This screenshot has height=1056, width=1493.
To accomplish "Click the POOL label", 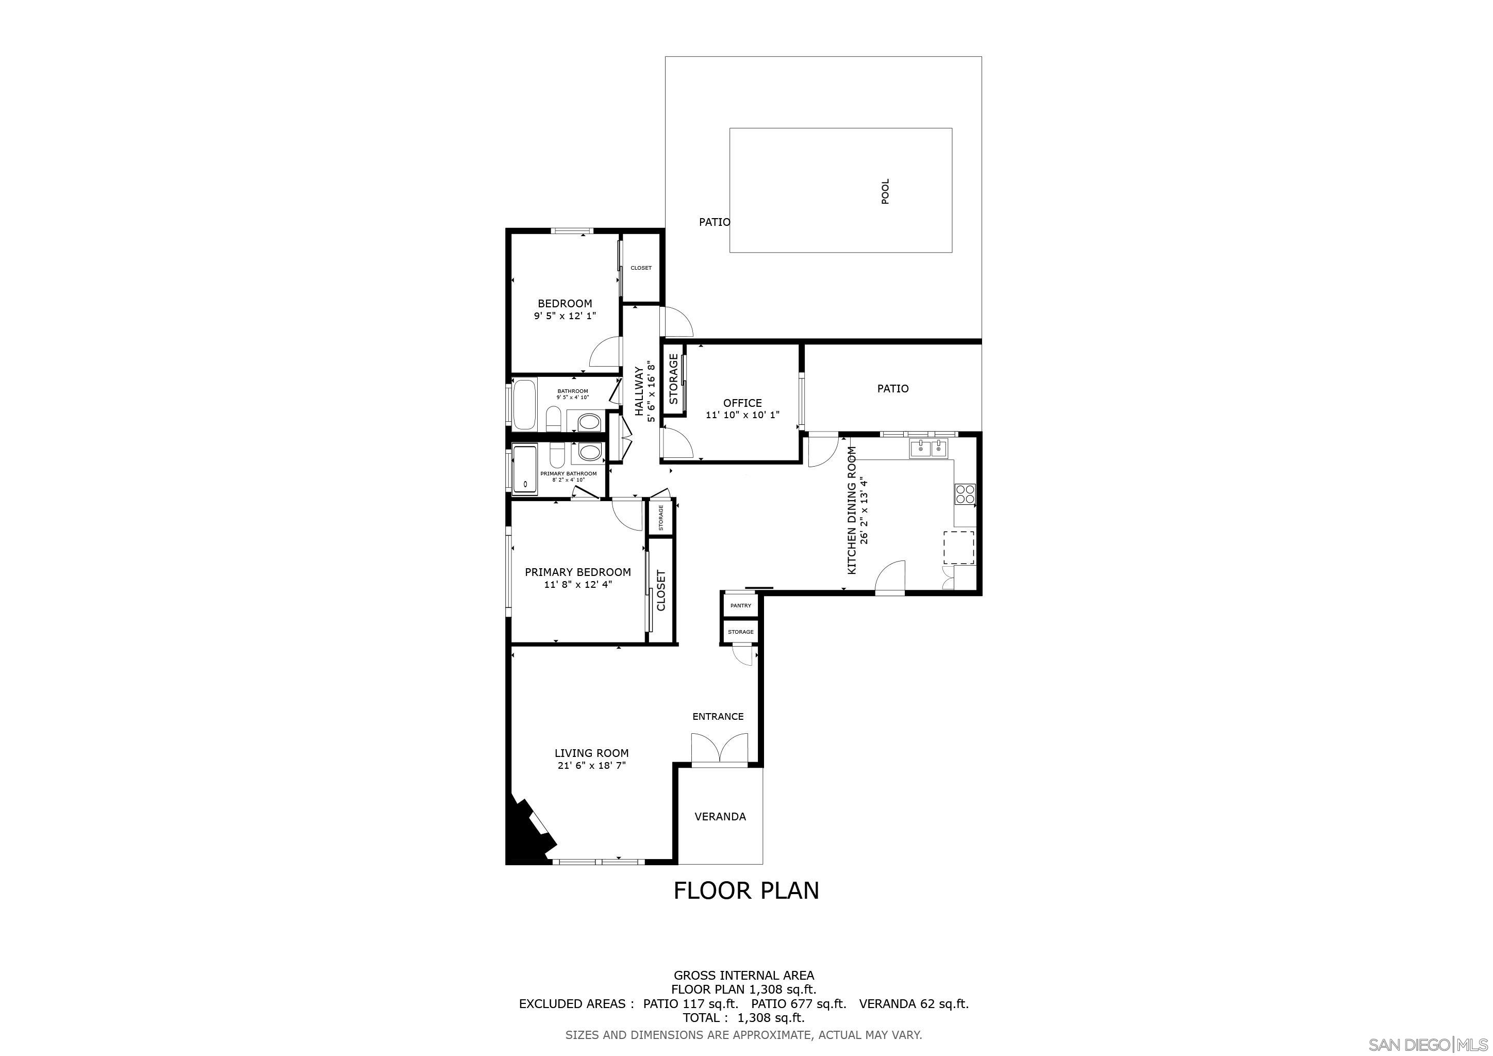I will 885,191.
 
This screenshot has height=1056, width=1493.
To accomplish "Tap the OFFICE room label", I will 742,403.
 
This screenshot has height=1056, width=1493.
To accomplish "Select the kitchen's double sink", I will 928,448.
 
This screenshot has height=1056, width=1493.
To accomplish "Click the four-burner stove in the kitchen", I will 965,494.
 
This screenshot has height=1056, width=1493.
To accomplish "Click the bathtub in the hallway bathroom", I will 524,405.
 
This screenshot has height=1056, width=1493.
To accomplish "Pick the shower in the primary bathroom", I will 525,469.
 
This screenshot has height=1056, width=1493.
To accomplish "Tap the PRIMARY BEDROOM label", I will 577,572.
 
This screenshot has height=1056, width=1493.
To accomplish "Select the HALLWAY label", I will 639,391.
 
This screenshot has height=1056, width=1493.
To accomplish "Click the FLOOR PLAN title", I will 746,890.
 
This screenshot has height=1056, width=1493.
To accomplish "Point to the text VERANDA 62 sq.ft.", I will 914,1003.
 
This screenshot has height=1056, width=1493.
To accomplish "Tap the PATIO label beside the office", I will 893,388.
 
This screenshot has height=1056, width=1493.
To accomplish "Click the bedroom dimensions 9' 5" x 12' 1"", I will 565,316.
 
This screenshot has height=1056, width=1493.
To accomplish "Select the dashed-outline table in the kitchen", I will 959,547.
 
